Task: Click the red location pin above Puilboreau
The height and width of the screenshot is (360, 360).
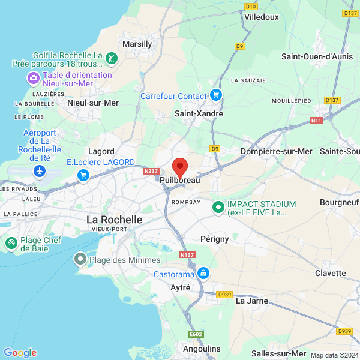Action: (x=180, y=167)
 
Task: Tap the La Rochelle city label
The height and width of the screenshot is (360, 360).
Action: (x=115, y=220)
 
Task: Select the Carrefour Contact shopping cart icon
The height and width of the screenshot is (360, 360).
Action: (x=216, y=95)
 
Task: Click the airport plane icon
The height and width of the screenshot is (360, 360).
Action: (x=40, y=171)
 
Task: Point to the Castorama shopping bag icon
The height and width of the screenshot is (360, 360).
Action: (x=204, y=274)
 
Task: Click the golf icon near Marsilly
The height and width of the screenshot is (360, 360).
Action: (x=111, y=59)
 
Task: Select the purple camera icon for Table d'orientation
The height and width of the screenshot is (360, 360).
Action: (x=34, y=78)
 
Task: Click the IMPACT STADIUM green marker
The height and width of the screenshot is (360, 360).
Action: (x=218, y=208)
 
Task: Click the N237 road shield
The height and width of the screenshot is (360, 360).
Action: (x=151, y=171)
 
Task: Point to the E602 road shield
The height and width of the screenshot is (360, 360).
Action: (x=196, y=334)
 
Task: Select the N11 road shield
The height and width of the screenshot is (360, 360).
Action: (x=317, y=121)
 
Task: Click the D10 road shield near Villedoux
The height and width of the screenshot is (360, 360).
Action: (x=251, y=7)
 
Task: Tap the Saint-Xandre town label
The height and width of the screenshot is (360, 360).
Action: (x=199, y=113)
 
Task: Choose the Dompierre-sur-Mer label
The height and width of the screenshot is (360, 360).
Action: (x=276, y=151)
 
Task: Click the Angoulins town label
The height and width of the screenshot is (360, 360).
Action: (x=201, y=349)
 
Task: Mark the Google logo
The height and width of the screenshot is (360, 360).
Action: (x=20, y=353)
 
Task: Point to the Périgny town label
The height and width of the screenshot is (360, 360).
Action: (x=214, y=239)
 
